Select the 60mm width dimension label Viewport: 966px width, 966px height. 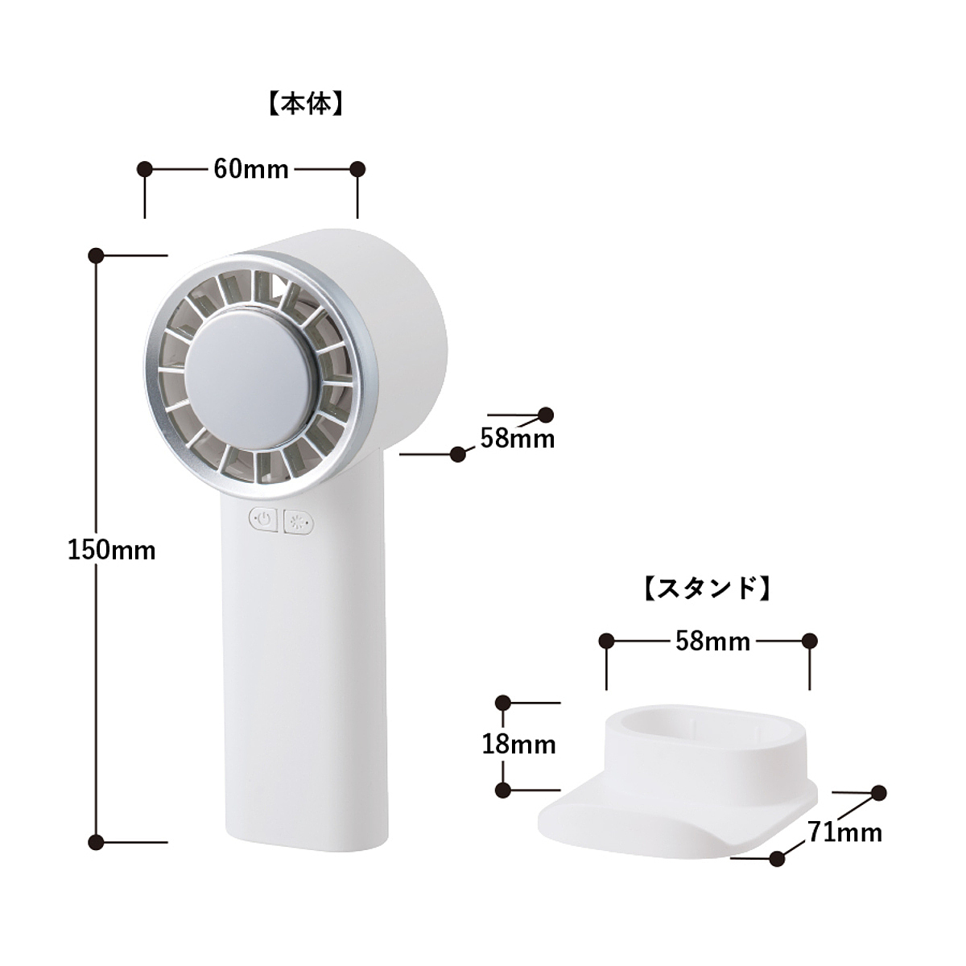pos(251,169)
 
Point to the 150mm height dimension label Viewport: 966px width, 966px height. pos(112,551)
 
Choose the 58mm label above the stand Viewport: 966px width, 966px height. pos(713,641)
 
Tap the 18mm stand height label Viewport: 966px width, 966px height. pos(519,745)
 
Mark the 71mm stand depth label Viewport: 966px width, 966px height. pos(844,832)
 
